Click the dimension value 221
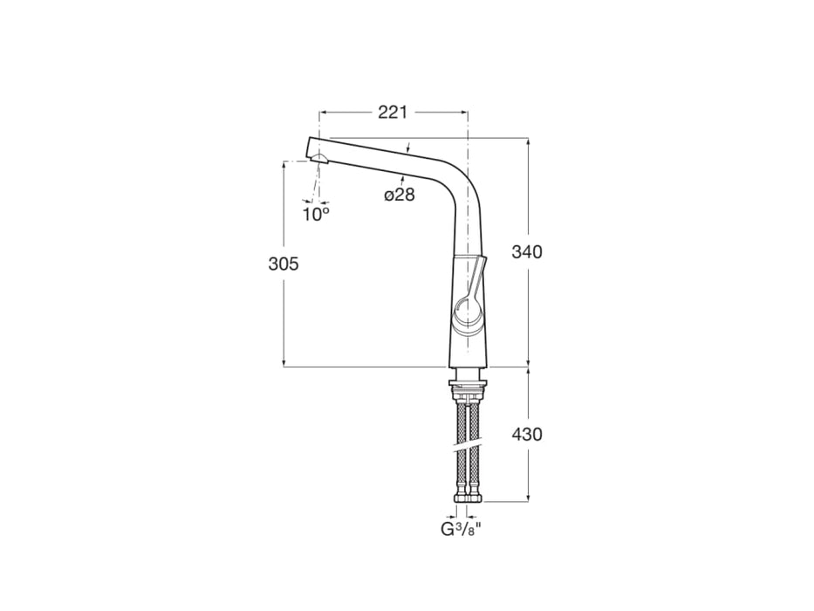click(x=393, y=113)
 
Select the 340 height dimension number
click(x=526, y=252)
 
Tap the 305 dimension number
click(x=284, y=264)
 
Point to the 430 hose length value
click(x=526, y=434)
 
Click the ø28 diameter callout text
click(x=400, y=195)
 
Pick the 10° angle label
click(x=316, y=213)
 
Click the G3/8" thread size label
click(x=462, y=529)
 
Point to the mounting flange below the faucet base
click(x=469, y=385)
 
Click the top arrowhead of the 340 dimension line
click(x=528, y=141)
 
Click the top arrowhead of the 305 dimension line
click(x=284, y=164)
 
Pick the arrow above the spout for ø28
click(x=407, y=149)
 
